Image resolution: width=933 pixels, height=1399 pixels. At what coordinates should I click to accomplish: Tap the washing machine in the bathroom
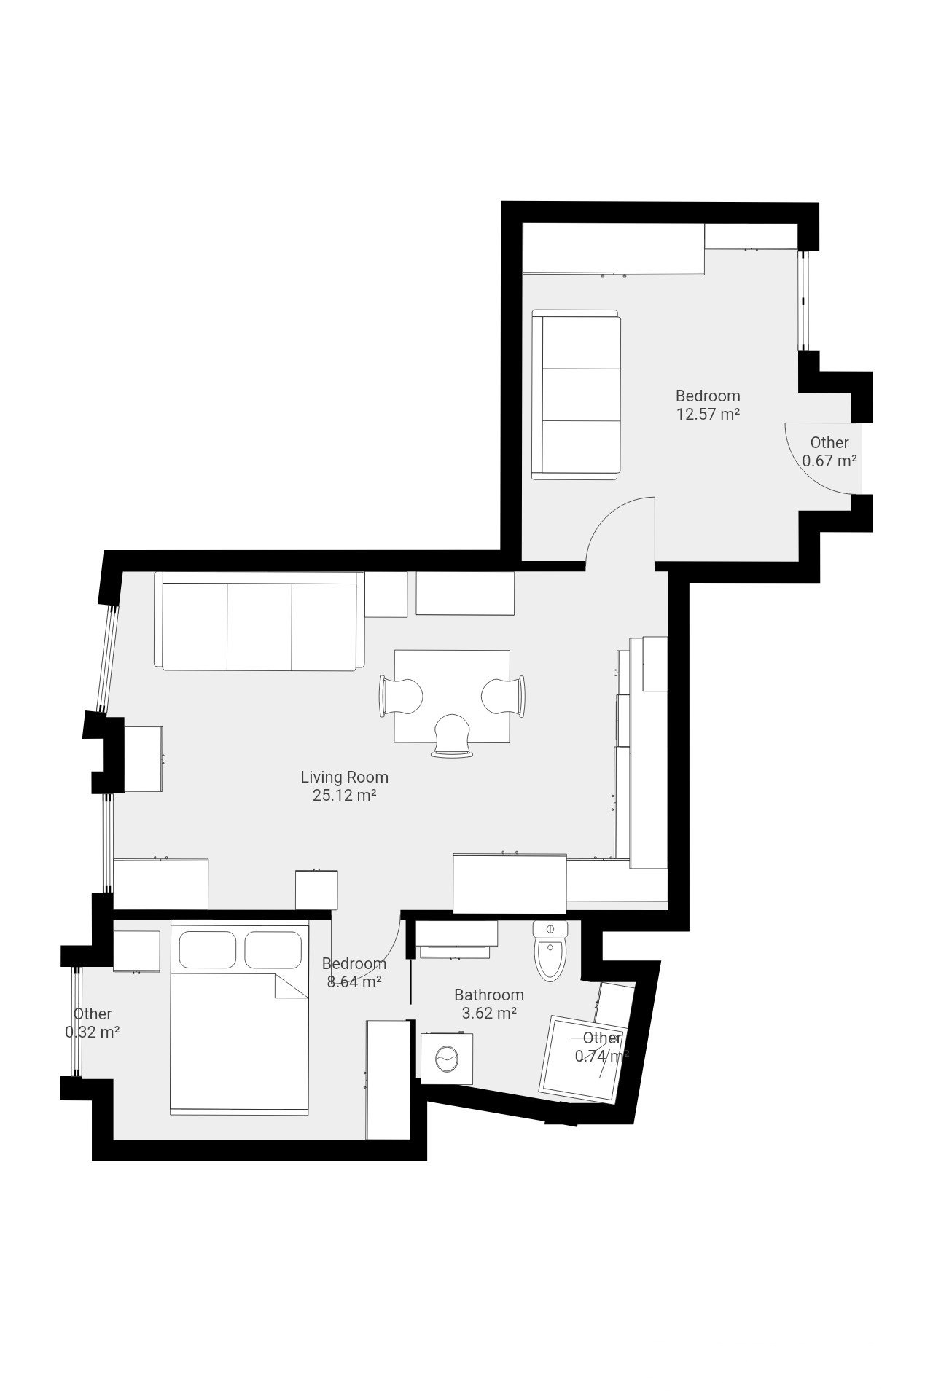coord(443,1057)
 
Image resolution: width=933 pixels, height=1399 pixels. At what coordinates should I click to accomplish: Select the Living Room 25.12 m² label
coord(344,786)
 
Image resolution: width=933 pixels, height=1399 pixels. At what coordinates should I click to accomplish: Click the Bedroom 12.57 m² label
coord(707,405)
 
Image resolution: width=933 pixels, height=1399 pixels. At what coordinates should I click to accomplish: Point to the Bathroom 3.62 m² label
coord(488,1003)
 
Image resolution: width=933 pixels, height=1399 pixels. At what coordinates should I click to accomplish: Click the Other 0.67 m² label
coord(829,452)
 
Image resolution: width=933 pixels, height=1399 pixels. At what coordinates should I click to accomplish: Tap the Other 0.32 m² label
coord(92,1023)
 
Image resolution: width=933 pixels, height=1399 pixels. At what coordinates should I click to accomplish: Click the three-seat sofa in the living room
coord(259,621)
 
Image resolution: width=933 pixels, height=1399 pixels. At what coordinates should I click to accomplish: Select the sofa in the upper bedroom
coord(575,395)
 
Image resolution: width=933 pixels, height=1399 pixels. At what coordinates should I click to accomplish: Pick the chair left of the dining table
coord(401,697)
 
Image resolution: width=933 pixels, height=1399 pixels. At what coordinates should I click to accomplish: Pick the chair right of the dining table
coord(503,697)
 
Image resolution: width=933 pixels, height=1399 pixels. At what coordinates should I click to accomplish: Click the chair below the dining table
coord(452,734)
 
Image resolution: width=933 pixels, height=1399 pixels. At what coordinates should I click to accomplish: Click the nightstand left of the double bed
coord(136,951)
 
